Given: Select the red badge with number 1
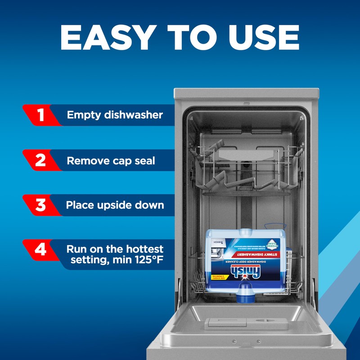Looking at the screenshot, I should coord(41,115).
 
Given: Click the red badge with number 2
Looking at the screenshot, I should coord(41,161).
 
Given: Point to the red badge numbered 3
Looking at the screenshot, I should coord(41,206).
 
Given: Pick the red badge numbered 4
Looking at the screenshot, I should coord(41,250).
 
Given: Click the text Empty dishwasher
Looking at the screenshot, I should coord(115,115).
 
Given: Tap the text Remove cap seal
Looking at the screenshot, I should coord(111,161).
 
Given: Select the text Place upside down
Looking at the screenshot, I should coord(115,206).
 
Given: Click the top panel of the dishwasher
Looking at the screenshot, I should coord(246,95).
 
